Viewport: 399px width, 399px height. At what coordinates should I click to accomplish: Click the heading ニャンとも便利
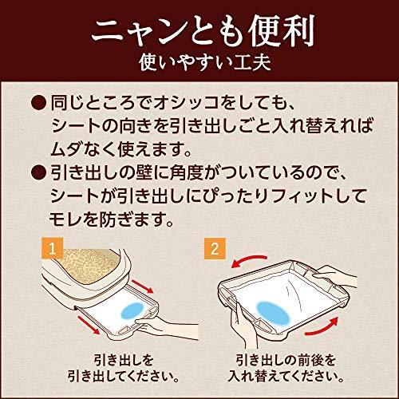pyautogui.click(x=199, y=32)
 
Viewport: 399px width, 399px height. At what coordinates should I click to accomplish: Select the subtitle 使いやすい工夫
pyautogui.click(x=199, y=65)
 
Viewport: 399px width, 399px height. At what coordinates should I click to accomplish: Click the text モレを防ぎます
pyautogui.click(x=120, y=215)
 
